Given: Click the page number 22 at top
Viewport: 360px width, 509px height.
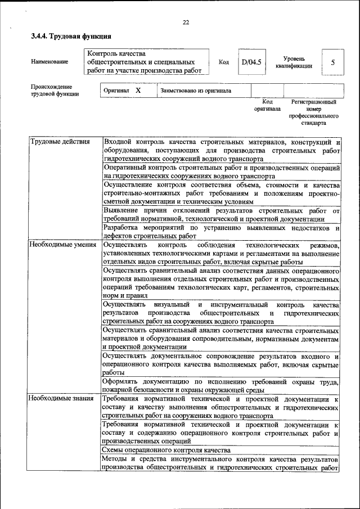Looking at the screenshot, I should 186,22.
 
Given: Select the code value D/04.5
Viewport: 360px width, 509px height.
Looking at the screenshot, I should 251,62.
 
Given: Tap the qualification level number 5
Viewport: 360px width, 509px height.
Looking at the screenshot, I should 333,62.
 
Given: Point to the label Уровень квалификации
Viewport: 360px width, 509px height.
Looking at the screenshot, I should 294,62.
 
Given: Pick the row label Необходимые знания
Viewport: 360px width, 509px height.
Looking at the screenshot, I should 61,398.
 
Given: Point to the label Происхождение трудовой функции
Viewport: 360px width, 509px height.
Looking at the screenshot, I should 55,90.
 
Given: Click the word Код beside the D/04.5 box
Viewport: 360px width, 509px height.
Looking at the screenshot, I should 223,62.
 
